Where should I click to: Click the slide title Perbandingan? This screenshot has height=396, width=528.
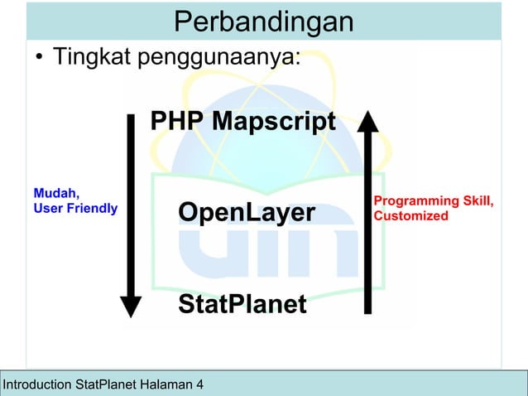(263, 22)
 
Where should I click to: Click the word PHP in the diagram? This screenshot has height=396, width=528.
(177, 122)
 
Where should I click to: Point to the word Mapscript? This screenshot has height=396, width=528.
(273, 122)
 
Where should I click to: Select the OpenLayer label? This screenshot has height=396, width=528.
(247, 213)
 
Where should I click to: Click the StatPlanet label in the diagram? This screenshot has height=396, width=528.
(242, 304)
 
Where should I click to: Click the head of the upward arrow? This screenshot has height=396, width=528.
(367, 123)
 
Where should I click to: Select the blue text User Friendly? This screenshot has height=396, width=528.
(74, 208)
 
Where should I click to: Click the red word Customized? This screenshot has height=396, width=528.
(411, 216)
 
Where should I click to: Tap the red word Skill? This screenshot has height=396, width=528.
(478, 201)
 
